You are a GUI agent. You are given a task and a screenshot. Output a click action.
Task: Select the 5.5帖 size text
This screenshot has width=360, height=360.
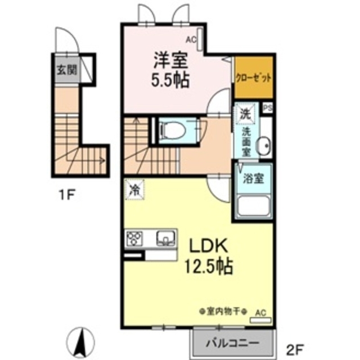click(169, 79)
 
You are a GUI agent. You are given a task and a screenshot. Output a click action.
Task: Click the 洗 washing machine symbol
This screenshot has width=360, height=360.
click(245, 112)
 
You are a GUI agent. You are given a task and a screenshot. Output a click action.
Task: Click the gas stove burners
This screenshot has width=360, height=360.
click(136, 238)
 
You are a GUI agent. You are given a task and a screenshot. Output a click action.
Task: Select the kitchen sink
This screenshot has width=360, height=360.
click(164, 238)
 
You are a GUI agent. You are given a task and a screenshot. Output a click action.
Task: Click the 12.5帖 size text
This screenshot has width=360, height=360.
click(209, 266)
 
